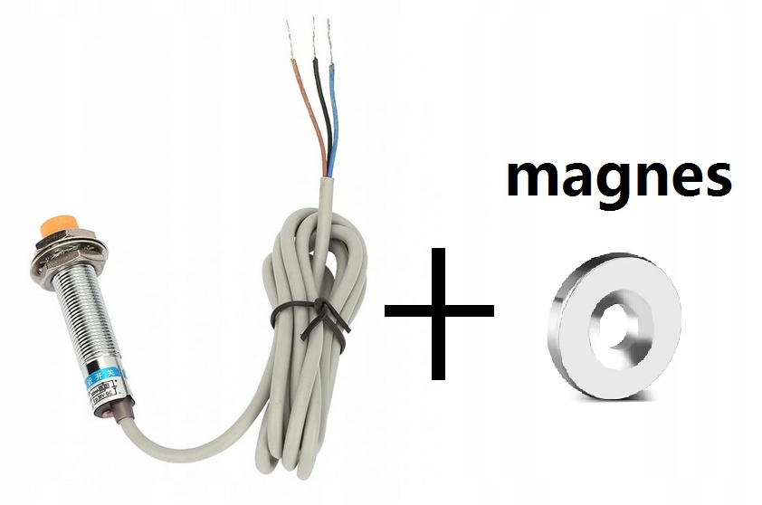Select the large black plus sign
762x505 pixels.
coord(440,310)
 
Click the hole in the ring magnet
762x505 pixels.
coord(610,319)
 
